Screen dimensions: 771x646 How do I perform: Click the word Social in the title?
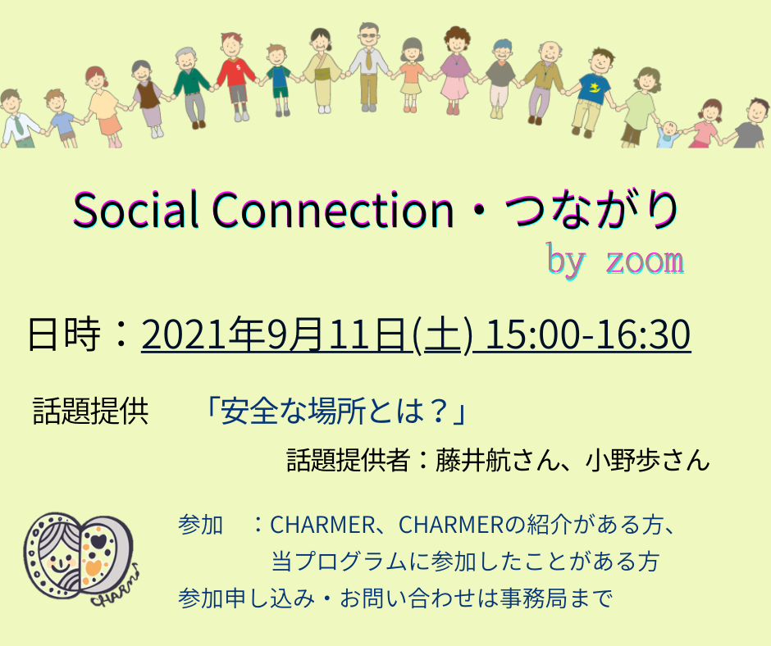[135, 210]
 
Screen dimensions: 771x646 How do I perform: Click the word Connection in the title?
[333, 210]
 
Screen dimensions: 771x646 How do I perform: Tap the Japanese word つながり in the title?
[591, 210]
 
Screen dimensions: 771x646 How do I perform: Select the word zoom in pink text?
[645, 261]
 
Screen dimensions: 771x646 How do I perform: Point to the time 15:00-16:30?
[588, 334]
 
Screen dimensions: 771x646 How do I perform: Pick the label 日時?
[64, 334]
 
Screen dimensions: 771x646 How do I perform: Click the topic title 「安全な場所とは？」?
[335, 411]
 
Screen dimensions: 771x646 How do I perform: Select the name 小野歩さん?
[648, 460]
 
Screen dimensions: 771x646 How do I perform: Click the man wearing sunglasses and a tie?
[368, 66]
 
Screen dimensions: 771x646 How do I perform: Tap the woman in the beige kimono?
[322, 71]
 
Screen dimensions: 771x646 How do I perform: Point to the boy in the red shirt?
[237, 76]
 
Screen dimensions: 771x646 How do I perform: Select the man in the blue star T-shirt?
[592, 93]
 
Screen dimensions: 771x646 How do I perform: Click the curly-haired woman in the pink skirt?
[456, 71]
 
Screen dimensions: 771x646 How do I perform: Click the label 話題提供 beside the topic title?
[90, 411]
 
